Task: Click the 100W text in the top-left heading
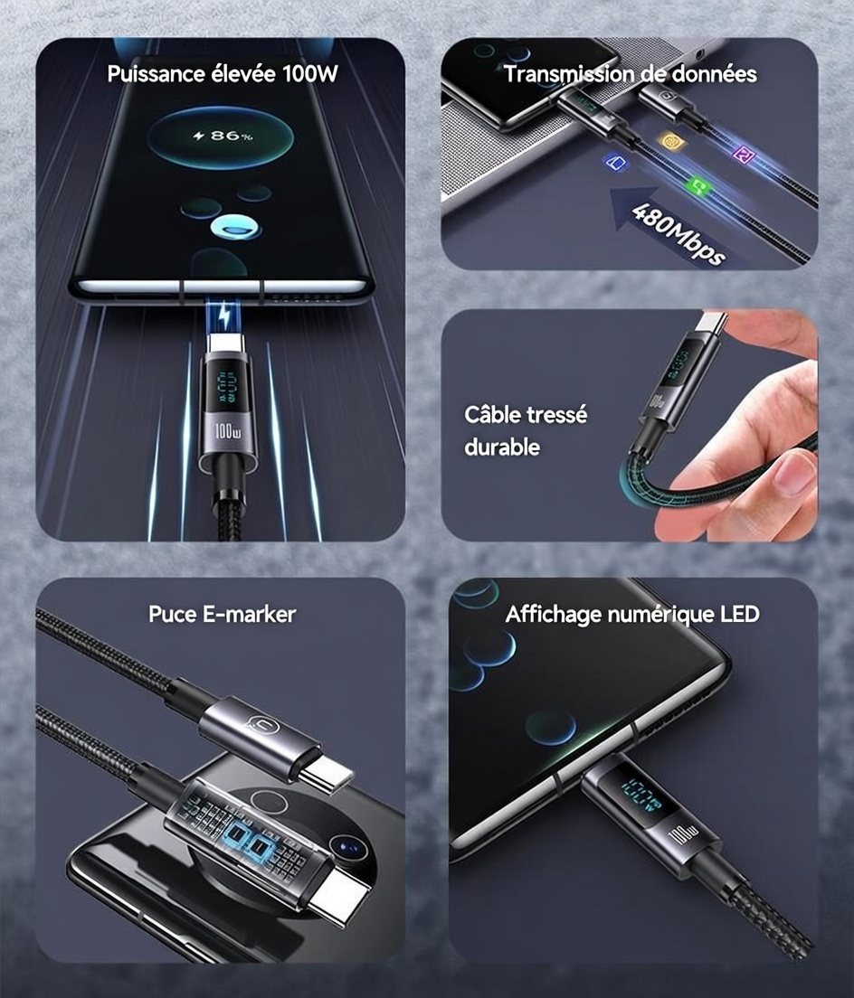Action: pos(310,74)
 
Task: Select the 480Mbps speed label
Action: pos(678,233)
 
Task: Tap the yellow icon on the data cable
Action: pos(669,141)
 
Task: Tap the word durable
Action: pos(502,447)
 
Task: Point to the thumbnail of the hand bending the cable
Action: pos(630,425)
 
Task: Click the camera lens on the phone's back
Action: pos(347,847)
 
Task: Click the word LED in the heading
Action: pos(740,614)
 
